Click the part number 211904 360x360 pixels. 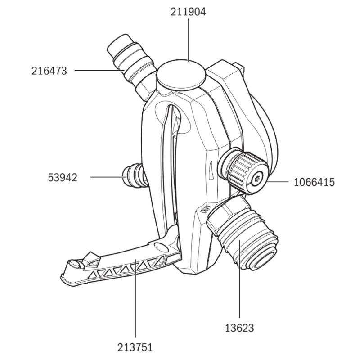pyautogui.click(x=188, y=12)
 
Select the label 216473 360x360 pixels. pyautogui.click(x=49, y=71)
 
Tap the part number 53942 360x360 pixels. pyautogui.click(x=63, y=177)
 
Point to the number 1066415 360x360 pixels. pyautogui.click(x=314, y=182)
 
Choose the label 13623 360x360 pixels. pyautogui.click(x=239, y=328)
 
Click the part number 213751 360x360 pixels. pyautogui.click(x=135, y=347)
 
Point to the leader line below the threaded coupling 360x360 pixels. pyautogui.click(x=239, y=292)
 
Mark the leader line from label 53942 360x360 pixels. pyautogui.click(x=106, y=177)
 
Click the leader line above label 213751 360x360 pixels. pyautogui.click(x=135, y=306)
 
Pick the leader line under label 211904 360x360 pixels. pyautogui.click(x=188, y=40)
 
